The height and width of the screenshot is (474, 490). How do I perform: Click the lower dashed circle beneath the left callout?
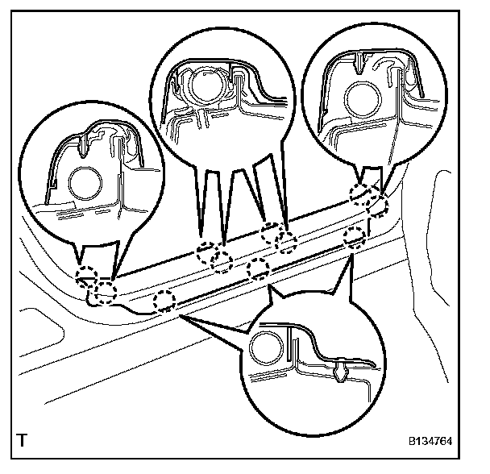coord(105,293)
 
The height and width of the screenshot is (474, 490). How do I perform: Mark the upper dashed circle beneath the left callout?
coord(86,277)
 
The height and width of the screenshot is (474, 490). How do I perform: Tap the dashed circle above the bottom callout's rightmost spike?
coord(354,237)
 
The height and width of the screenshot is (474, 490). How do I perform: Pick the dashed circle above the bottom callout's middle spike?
coord(260,268)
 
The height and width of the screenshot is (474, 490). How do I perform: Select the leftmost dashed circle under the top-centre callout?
coord(207,252)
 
